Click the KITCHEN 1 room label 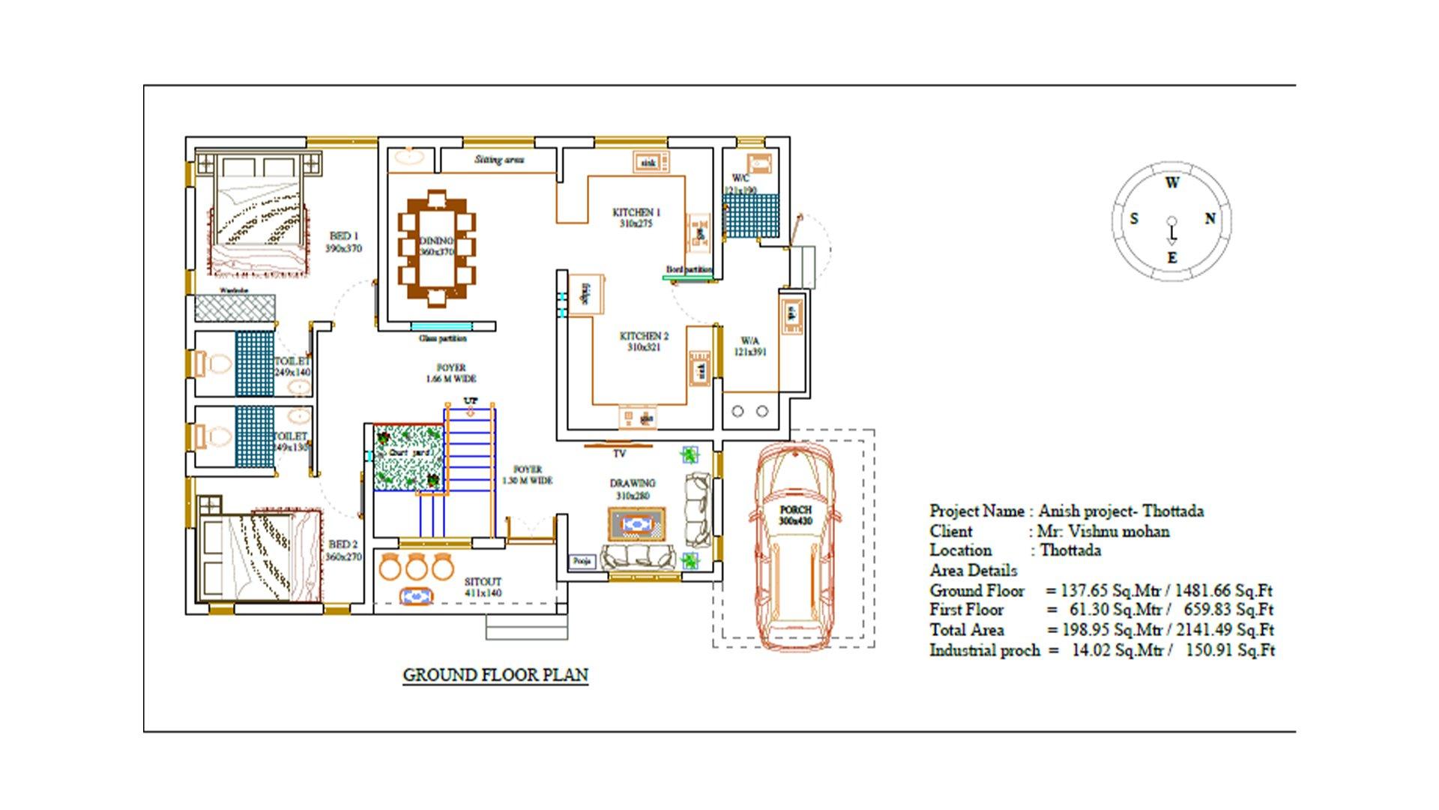click(636, 217)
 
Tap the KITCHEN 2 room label click(644, 341)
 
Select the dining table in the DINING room click(436, 248)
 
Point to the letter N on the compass click(1210, 218)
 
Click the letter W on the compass click(1172, 182)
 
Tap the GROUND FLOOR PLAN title click(495, 675)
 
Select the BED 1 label click(344, 241)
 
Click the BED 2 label click(343, 550)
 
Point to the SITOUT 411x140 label click(483, 586)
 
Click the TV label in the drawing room click(619, 454)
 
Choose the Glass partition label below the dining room click(442, 338)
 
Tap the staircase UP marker click(470, 400)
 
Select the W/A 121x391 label click(749, 346)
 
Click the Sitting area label click(499, 160)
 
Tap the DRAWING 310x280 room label click(633, 489)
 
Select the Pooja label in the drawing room click(582, 561)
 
